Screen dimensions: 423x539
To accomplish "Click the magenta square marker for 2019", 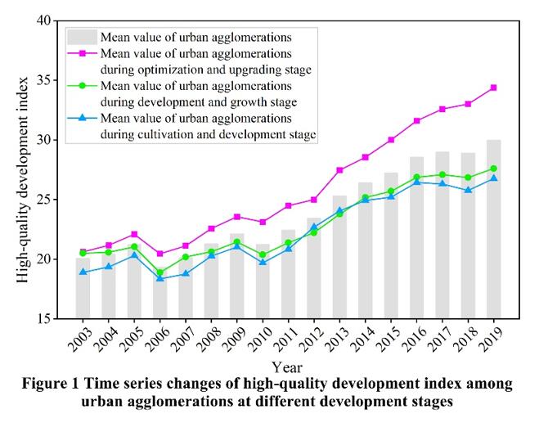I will point(493,88).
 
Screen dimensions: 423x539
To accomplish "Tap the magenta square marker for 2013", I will point(339,170).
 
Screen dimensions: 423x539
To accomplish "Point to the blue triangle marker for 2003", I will point(83,272).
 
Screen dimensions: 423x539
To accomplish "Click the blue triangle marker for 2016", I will point(416,182).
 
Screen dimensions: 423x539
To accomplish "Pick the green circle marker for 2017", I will point(442,174).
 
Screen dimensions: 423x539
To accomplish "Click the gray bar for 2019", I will point(493,229).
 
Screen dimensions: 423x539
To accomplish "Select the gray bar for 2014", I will point(365,250).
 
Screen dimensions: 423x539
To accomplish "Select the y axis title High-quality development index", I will point(23,169).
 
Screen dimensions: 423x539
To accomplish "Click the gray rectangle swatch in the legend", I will point(82,37).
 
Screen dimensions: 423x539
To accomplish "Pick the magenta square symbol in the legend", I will point(82,54).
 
